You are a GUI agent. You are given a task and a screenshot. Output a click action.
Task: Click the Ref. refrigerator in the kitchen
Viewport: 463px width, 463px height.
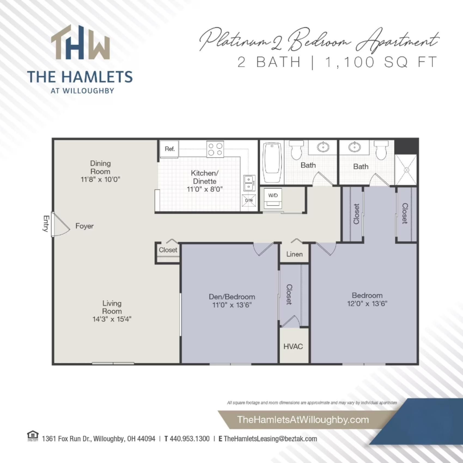click(x=169, y=149)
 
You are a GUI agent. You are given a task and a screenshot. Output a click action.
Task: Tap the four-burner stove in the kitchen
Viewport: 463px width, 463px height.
click(x=215, y=149)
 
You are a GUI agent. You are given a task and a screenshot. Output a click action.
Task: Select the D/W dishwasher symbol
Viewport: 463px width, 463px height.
click(x=249, y=200)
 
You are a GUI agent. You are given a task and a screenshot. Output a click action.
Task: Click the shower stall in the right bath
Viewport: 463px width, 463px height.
click(x=406, y=170)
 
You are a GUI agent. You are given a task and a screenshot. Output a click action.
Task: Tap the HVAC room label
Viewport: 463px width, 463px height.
click(x=293, y=346)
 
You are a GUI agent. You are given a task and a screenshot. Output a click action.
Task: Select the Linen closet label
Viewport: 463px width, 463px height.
click(x=294, y=254)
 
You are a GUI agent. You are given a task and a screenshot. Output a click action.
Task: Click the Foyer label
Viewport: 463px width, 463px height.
click(x=84, y=226)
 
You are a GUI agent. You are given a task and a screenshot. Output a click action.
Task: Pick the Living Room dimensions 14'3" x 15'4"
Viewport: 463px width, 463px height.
click(x=112, y=319)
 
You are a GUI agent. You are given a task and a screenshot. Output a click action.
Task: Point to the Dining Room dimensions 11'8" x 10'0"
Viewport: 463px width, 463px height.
click(x=100, y=179)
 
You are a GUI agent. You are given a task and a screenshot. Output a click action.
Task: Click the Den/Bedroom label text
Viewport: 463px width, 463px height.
click(x=232, y=297)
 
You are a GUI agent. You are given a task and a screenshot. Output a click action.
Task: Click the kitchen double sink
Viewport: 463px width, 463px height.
click(x=249, y=183)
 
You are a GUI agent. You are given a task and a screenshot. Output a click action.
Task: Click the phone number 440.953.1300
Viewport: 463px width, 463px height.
click(x=190, y=439)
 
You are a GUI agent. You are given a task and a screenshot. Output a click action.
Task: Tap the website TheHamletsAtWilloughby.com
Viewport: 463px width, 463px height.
click(x=303, y=419)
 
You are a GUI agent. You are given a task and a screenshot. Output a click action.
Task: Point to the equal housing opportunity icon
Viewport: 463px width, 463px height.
click(x=33, y=436)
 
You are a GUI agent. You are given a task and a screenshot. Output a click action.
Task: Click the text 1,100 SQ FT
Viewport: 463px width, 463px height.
click(x=381, y=62)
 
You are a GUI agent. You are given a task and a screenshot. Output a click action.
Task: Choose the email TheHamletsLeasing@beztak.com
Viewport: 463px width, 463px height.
click(x=270, y=439)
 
